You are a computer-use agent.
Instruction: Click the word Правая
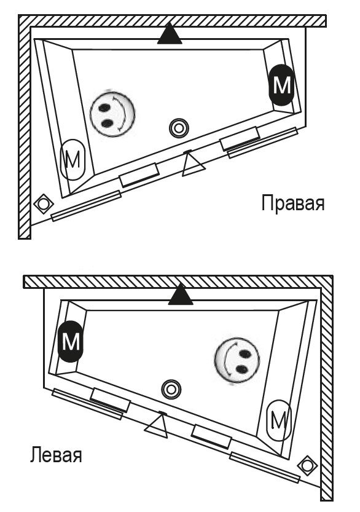[292, 202]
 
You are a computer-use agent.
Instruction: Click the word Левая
[55, 456]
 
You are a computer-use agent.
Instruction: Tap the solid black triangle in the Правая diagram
[170, 34]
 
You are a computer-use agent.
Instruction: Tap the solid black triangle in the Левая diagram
[181, 296]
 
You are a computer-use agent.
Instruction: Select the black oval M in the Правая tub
[281, 85]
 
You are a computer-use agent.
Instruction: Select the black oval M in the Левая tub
[71, 340]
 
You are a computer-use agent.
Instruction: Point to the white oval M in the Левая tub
[279, 421]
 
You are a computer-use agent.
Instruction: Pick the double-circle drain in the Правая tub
[179, 128]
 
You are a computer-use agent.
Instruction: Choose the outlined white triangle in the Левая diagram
[157, 425]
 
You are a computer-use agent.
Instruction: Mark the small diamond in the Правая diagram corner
[43, 203]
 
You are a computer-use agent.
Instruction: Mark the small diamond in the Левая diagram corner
[307, 467]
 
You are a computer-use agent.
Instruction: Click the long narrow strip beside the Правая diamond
[86, 205]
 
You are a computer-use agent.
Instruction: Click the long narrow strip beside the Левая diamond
[265, 465]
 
